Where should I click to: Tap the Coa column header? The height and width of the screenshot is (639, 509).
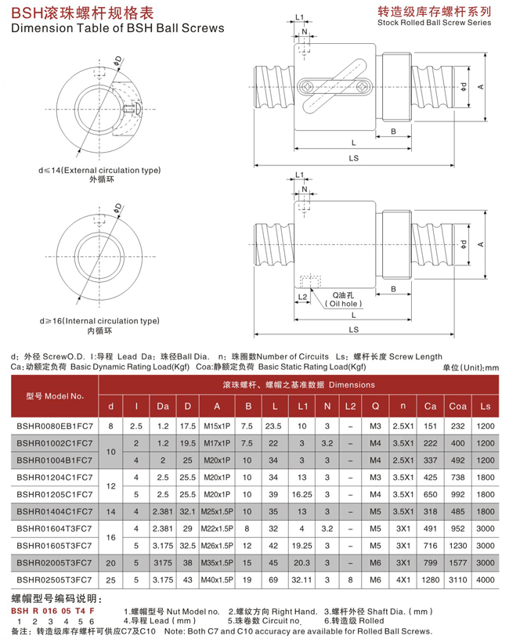pyautogui.click(x=457, y=406)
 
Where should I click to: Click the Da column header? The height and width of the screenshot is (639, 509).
pyautogui.click(x=162, y=406)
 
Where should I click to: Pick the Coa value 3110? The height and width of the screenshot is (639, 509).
pyautogui.click(x=457, y=580)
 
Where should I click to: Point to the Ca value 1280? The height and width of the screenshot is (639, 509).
pyautogui.click(x=430, y=580)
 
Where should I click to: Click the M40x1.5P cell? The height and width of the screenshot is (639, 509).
pyautogui.click(x=217, y=580)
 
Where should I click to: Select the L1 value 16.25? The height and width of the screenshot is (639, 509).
pyautogui.click(x=301, y=494)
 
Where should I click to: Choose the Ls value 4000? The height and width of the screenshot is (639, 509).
pyautogui.click(x=486, y=580)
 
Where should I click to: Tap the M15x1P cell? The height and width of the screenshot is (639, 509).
pyautogui.click(x=217, y=425)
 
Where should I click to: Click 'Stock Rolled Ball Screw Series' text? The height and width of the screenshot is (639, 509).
pyautogui.click(x=434, y=23)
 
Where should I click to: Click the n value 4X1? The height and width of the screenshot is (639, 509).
pyautogui.click(x=403, y=580)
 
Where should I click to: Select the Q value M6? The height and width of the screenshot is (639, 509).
pyautogui.click(x=375, y=580)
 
